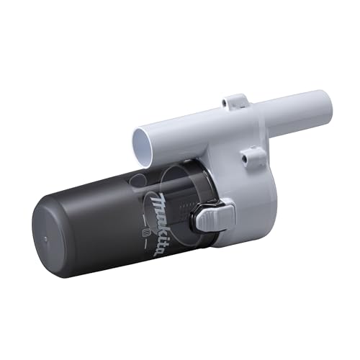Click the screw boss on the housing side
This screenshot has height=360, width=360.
click(253, 153)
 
